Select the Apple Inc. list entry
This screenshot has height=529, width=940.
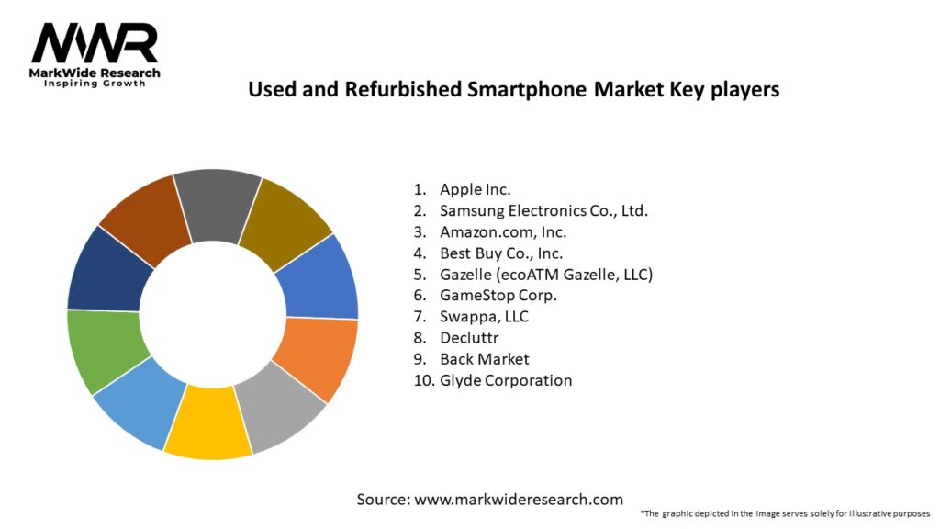tap(475, 189)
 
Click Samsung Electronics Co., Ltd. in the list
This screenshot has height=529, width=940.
tap(543, 210)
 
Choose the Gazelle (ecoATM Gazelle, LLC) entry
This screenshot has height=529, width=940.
tap(545, 274)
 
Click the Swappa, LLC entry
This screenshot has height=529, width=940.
tap(484, 316)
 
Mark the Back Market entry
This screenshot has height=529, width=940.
tap(484, 358)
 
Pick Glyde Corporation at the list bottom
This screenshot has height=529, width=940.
tap(505, 380)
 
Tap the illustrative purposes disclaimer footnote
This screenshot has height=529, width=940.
tap(785, 512)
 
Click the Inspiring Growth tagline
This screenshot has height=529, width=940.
tap(95, 84)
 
